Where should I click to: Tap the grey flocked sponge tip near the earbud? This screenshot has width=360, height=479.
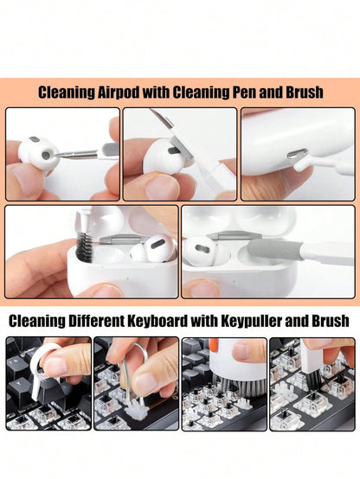coord(274,249)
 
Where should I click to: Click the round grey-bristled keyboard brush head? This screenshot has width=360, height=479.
coord(241,385)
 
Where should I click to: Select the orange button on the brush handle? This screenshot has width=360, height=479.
coord(213,345)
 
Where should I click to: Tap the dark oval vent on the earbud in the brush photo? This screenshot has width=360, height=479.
coord(157,243)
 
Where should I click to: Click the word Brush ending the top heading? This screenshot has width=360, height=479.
coord(305,92)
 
